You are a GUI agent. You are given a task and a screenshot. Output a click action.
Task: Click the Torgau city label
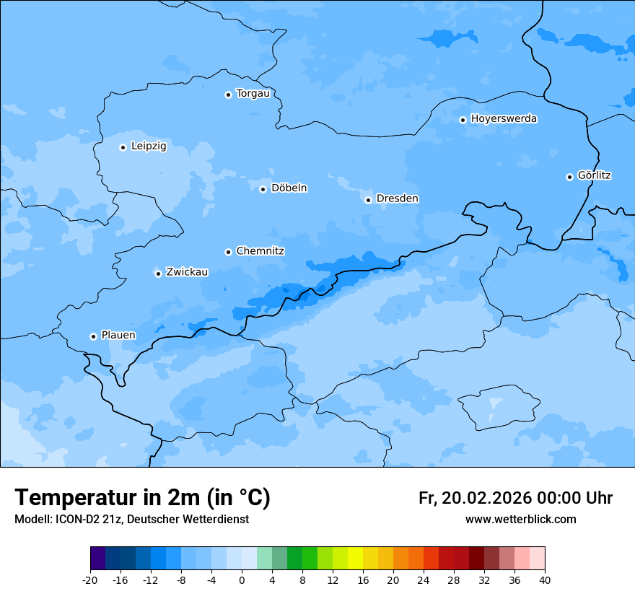253,94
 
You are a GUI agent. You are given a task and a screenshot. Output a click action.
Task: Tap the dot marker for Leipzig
123,147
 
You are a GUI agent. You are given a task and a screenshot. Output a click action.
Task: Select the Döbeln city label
289,188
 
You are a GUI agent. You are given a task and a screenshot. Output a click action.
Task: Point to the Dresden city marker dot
368,200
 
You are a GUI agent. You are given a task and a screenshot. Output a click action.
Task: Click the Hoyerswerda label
504,119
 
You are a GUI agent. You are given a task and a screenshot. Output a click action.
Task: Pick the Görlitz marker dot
569,177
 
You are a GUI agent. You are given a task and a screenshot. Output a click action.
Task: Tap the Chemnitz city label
260,251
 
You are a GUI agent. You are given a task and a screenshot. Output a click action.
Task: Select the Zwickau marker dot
158,274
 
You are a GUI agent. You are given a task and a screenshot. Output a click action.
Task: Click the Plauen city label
118,336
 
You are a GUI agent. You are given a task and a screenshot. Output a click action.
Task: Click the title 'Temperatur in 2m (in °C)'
143,498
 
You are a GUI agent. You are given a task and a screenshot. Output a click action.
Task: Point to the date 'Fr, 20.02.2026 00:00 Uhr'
515,498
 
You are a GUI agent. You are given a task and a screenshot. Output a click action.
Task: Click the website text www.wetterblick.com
520,520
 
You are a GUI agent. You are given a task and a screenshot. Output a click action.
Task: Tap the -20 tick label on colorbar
90,580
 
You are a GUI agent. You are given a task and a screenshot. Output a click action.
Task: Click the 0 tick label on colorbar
242,580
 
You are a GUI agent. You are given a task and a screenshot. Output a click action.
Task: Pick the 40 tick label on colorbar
545,580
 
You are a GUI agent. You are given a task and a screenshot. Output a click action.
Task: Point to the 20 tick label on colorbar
393,580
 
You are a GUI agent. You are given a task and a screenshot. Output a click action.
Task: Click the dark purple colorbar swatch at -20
97,559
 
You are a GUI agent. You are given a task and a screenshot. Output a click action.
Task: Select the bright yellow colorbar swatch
355,559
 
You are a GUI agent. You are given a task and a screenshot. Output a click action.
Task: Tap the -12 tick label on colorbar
151,580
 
